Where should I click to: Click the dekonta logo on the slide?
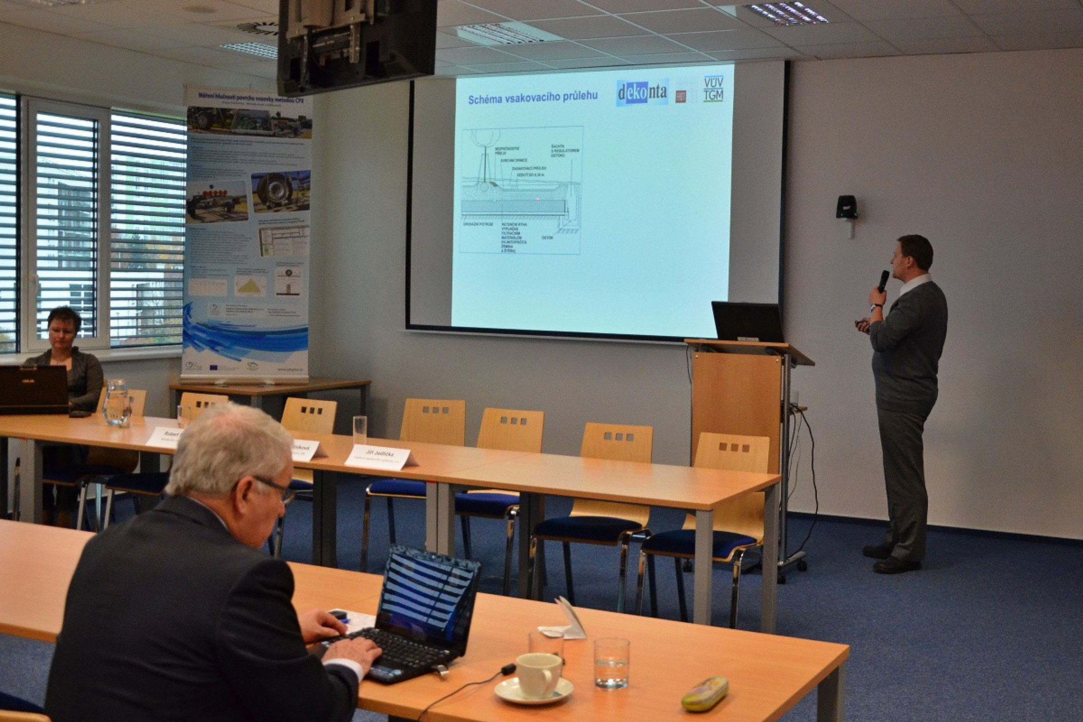642,93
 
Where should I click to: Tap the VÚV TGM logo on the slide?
713,88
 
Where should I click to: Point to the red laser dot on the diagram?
537,199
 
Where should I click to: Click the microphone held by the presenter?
883,280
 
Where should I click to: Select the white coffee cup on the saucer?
538,675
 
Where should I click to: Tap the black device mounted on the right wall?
847,207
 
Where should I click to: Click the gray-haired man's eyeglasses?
276,489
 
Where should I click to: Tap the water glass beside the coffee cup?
611,662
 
